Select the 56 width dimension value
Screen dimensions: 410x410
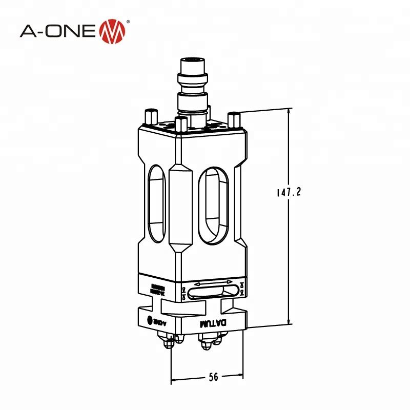click(x=213, y=377)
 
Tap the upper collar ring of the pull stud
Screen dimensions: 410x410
click(x=193, y=79)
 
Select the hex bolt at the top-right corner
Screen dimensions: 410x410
click(x=234, y=119)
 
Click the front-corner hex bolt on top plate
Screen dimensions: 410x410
click(x=180, y=125)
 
